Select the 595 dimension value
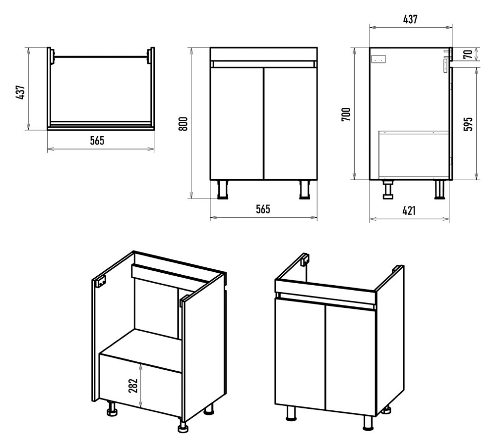tap(469, 124)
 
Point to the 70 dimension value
tap(469, 54)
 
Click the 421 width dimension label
tap(409, 210)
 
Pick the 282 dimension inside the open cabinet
tap(133, 386)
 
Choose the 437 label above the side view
tap(410, 19)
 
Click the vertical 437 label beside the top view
tap(20, 93)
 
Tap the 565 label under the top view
tap(97, 141)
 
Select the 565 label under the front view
tap(263, 209)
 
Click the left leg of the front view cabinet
tap(222, 190)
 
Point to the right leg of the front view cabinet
tap(305, 190)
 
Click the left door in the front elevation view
tap(237, 124)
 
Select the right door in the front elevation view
tap(290, 124)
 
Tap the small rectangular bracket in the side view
tap(378, 59)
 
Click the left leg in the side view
tap(388, 190)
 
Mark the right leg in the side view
tap(439, 190)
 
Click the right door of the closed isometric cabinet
tap(351, 360)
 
